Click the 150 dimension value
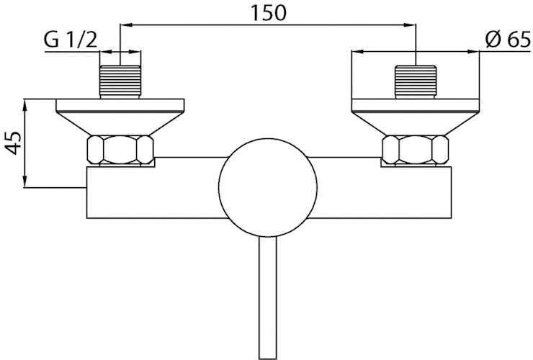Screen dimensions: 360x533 [x=268, y=12]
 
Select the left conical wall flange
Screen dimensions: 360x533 [x=120, y=115]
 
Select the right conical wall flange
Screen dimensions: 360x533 [x=416, y=115]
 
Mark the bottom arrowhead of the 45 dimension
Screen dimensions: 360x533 [x=26, y=184]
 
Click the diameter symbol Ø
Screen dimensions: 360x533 [x=492, y=40]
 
